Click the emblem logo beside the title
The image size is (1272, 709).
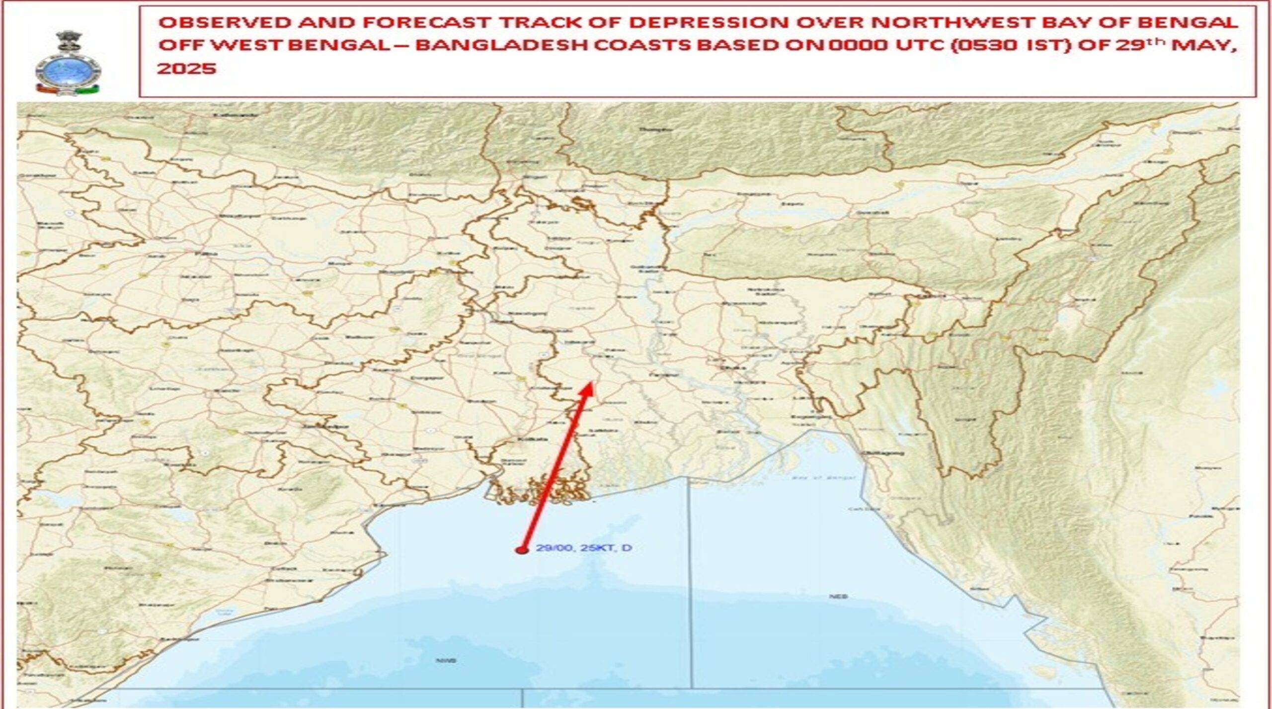pyautogui.click(x=68, y=64)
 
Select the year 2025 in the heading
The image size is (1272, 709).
pyautogui.click(x=187, y=68)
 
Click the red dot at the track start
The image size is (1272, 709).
pyautogui.click(x=521, y=550)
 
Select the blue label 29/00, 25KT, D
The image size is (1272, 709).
pyautogui.click(x=584, y=548)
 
